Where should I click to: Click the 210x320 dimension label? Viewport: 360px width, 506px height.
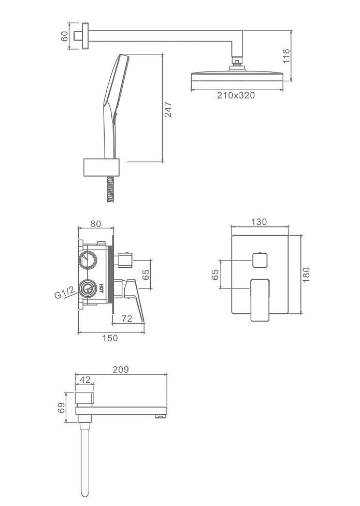[x=236, y=95]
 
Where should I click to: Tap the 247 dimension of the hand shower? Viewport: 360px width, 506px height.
[x=168, y=109]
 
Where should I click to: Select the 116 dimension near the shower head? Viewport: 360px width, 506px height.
[x=287, y=55]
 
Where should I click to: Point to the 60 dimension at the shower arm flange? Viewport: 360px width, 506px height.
[x=64, y=36]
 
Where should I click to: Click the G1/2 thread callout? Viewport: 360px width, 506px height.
[x=65, y=293]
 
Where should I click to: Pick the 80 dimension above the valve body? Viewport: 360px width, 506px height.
[x=96, y=224]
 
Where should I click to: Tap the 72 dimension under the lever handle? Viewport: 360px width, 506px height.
[x=127, y=319]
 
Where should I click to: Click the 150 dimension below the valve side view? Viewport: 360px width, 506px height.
[x=110, y=338]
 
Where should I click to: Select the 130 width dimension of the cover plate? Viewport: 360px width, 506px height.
[x=260, y=222]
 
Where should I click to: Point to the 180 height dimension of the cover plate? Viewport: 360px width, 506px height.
[x=306, y=274]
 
